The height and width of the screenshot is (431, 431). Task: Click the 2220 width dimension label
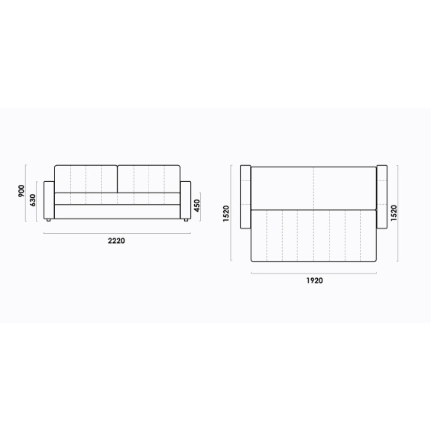pyautogui.click(x=116, y=241)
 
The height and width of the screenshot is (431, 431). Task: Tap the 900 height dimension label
pyautogui.click(x=21, y=191)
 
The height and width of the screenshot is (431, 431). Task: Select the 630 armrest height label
pyautogui.click(x=32, y=200)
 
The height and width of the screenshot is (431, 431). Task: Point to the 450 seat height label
pyautogui.click(x=197, y=206)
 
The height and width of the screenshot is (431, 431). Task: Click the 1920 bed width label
pyautogui.click(x=314, y=280)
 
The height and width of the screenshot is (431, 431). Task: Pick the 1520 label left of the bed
pyautogui.click(x=226, y=213)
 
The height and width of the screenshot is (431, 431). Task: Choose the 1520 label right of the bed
pyautogui.click(x=394, y=213)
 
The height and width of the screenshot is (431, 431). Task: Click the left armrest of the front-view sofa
pyautogui.click(x=49, y=199)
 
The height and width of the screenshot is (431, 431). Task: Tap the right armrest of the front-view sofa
pyautogui.click(x=186, y=199)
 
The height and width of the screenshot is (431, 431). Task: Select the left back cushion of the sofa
pyautogui.click(x=86, y=179)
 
